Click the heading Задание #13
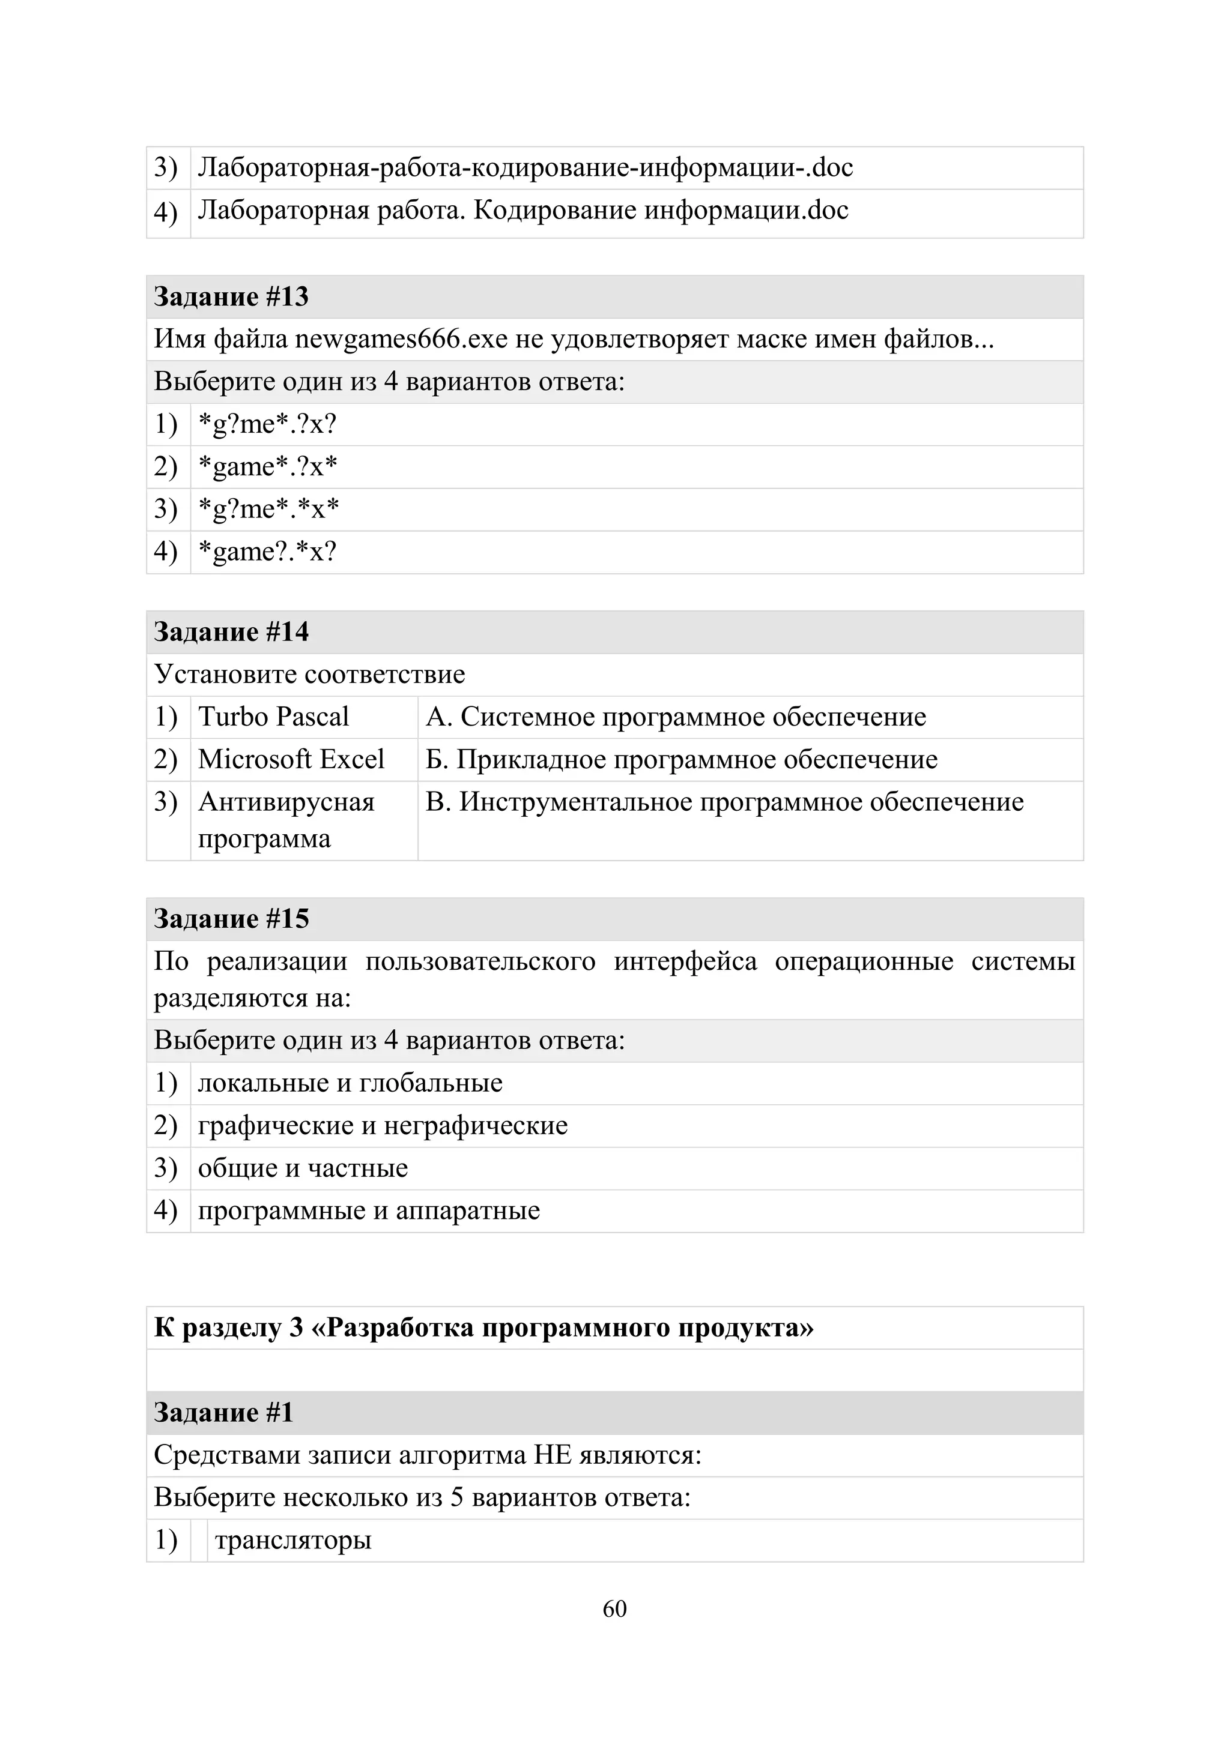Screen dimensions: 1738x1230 coord(231,296)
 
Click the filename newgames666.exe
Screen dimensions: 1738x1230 coord(401,339)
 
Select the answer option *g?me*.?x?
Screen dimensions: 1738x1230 coord(267,424)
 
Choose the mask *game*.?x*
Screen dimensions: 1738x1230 coord(267,466)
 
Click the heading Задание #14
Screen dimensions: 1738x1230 coord(231,632)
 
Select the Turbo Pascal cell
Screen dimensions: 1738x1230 coord(273,717)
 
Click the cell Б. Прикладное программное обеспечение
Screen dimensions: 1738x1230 coord(681,759)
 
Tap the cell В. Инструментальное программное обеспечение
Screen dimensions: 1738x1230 coord(724,802)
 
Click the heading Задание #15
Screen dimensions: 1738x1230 coord(231,919)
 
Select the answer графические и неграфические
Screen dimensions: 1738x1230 coord(383,1126)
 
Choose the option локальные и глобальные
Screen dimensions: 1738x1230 coord(350,1083)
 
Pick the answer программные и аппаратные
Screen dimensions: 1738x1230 coord(369,1210)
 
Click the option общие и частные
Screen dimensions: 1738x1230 coord(303,1168)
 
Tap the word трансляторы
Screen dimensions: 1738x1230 coord(293,1541)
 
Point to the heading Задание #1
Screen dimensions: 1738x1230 coord(223,1413)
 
